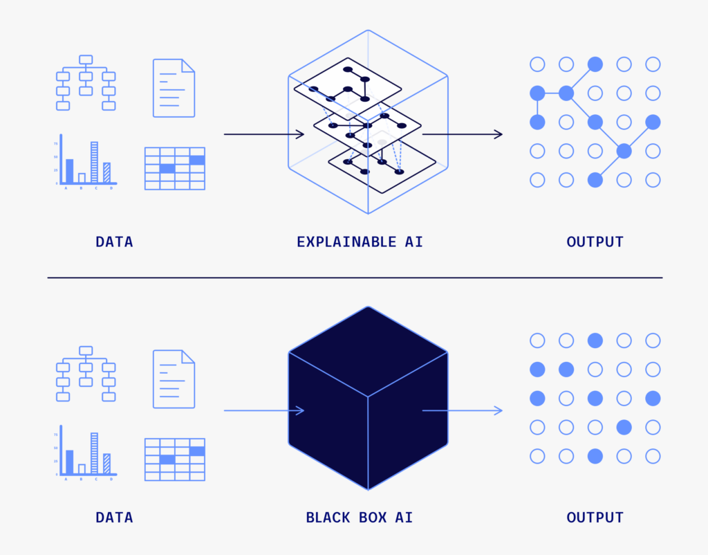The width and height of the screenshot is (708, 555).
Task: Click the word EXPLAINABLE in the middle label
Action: (x=346, y=242)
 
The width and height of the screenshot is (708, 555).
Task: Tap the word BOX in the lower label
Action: (x=373, y=518)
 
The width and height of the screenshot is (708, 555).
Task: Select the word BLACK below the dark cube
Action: (x=328, y=518)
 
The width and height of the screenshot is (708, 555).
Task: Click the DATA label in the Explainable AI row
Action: (x=114, y=242)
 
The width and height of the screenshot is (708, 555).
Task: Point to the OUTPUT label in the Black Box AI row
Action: (x=595, y=518)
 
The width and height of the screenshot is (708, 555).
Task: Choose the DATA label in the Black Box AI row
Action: (x=114, y=518)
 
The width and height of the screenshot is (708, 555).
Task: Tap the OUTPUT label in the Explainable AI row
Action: (x=595, y=242)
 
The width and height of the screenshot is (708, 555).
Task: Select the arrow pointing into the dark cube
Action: (x=264, y=410)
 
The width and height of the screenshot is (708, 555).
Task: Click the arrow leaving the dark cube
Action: (x=463, y=410)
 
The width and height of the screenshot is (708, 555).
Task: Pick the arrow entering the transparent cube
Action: (x=264, y=134)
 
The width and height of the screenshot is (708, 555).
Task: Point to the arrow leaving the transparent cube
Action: (x=463, y=134)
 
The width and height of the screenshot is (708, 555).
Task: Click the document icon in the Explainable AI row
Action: (x=174, y=88)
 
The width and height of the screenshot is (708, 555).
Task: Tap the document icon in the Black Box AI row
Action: (x=174, y=379)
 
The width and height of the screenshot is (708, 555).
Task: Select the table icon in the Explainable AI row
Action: (x=175, y=169)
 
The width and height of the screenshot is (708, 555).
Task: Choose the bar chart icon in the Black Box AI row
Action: (x=86, y=452)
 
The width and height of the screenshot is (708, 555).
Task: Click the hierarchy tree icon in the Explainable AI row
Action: (x=86, y=83)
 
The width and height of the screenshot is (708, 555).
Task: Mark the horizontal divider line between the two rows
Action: (x=355, y=277)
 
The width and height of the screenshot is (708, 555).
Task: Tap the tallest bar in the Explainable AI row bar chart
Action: (x=94, y=162)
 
